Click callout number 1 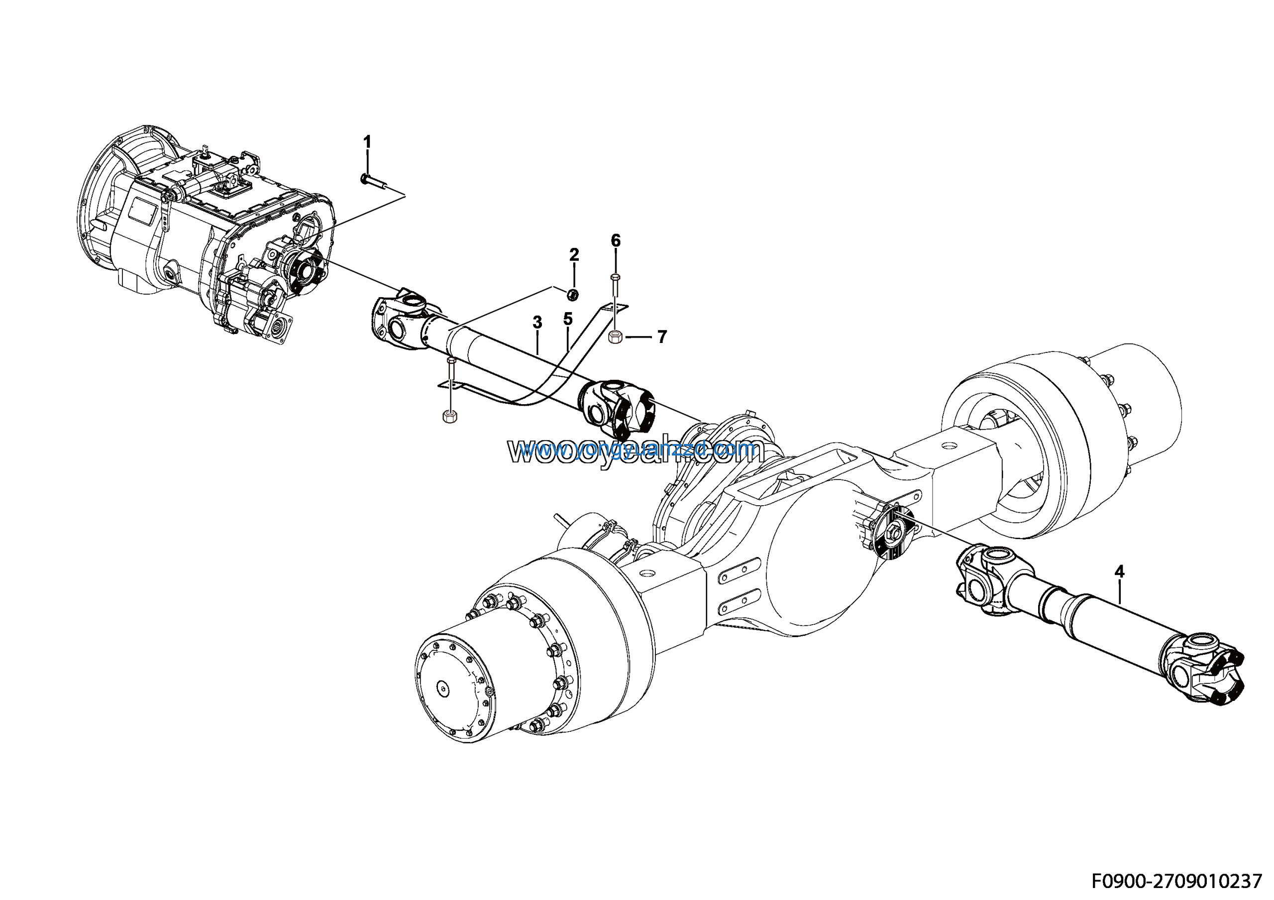tap(367, 142)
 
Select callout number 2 tap(574, 255)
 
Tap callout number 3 tap(536, 323)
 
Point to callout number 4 tap(1119, 571)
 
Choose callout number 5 tap(567, 319)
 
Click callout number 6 tap(616, 241)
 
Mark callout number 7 tap(661, 337)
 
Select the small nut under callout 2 tap(574, 294)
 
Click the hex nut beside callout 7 tap(616, 336)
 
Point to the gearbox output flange tap(305, 271)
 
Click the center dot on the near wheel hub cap tap(442, 688)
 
